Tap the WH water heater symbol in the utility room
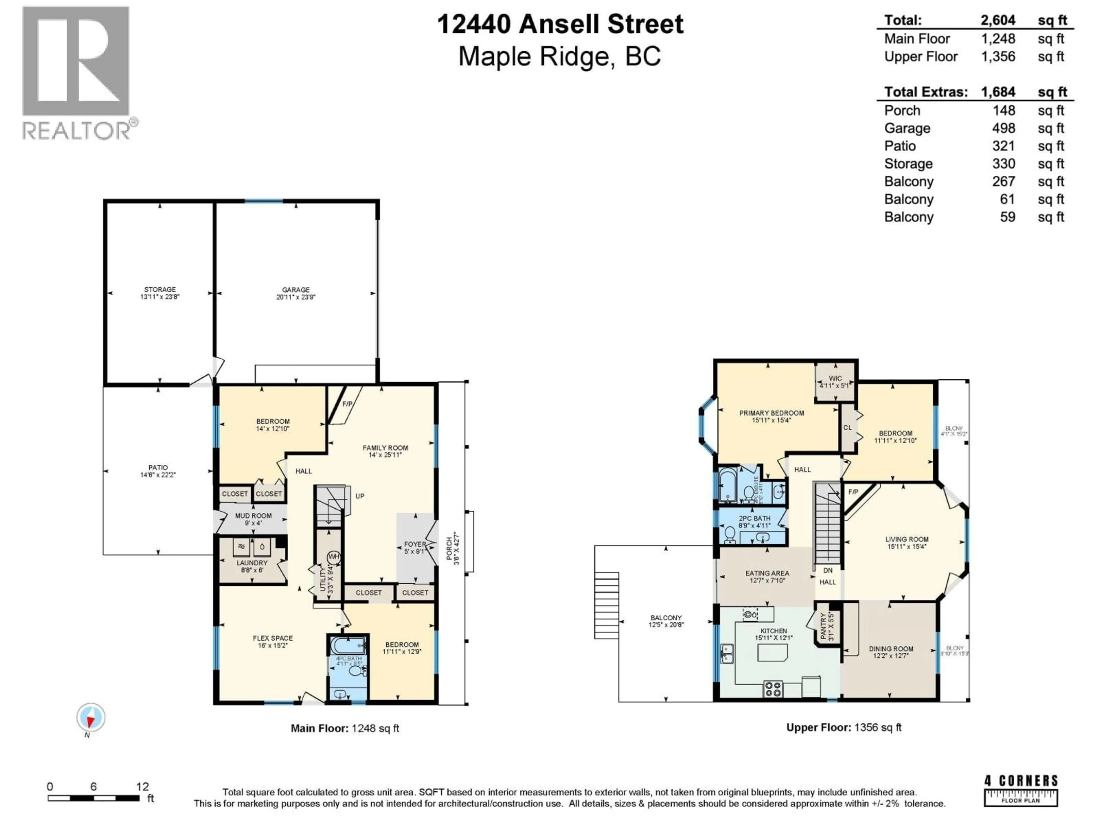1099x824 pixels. pyautogui.click(x=333, y=556)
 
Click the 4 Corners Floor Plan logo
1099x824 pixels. pyautogui.click(x=1021, y=790)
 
